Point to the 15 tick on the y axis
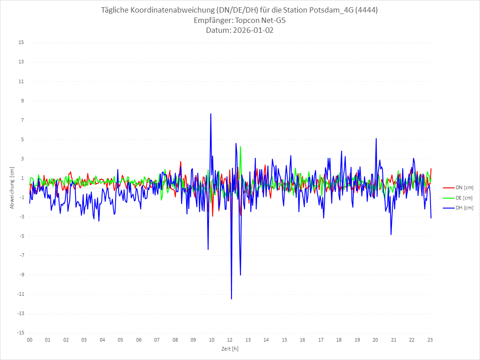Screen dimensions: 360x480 tap(21, 43)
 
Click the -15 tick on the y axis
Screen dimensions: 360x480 tap(20, 333)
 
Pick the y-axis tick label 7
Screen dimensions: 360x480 tap(22, 120)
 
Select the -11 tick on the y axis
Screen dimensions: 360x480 tap(20, 294)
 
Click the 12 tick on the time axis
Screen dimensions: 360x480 tap(230, 340)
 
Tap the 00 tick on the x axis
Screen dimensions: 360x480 tap(30, 340)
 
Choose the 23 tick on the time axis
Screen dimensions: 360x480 tap(430, 340)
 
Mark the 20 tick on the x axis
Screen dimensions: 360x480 tap(376, 340)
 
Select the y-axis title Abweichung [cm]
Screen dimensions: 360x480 tap(12, 188)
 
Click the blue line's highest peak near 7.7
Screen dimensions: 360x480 tap(211, 114)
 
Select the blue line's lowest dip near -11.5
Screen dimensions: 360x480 tap(231, 299)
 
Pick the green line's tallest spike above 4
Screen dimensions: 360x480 tap(240, 147)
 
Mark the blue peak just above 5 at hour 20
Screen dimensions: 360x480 tap(376, 138)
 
